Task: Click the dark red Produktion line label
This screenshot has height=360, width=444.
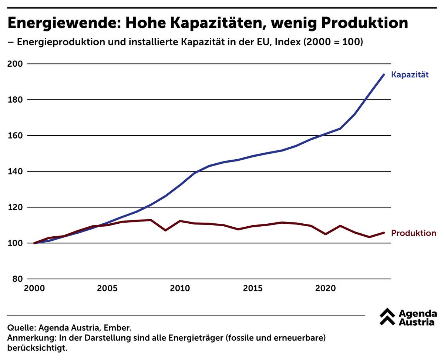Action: point(414,233)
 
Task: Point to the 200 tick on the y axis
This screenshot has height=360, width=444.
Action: point(15,64)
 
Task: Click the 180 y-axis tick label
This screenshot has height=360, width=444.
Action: point(15,100)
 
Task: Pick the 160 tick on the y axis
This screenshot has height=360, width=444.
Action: point(15,136)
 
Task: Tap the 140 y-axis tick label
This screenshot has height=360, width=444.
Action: point(15,171)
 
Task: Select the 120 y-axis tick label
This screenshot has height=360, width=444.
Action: point(15,207)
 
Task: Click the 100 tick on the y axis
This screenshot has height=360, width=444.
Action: point(15,243)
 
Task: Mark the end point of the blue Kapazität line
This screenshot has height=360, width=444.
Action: point(384,74)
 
